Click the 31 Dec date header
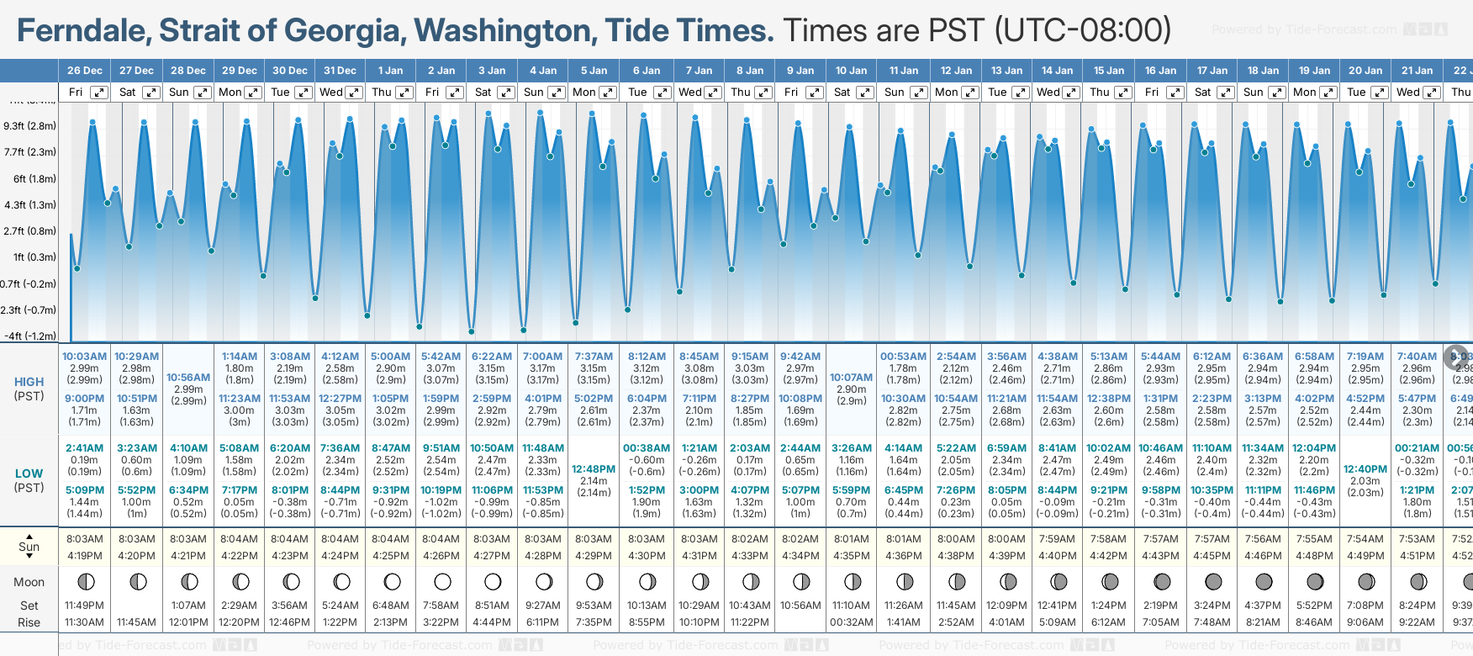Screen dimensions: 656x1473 click(x=340, y=71)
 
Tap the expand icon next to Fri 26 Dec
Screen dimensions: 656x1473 click(x=99, y=93)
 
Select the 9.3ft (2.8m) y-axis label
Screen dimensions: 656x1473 click(x=29, y=126)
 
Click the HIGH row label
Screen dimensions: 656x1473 click(x=29, y=382)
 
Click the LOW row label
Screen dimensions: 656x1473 click(x=29, y=473)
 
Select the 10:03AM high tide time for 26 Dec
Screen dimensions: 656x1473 click(x=84, y=357)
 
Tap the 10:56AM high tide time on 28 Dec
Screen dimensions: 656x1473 click(x=188, y=378)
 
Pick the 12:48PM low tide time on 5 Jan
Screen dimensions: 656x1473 click(x=594, y=469)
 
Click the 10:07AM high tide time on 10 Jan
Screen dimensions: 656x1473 click(x=851, y=378)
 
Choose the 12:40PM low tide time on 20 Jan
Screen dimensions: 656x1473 click(x=1365, y=469)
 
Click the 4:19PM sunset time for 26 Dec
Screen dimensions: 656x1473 click(x=84, y=556)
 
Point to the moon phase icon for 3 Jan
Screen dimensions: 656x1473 click(x=493, y=581)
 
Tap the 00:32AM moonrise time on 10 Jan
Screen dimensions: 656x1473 click(x=851, y=622)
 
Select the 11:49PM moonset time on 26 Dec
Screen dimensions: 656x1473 click(x=84, y=606)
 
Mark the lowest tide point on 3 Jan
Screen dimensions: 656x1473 click(x=472, y=331)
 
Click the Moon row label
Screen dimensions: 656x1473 click(x=29, y=582)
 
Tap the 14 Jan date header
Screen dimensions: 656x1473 click(x=1057, y=71)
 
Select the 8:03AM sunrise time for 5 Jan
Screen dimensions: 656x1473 click(x=594, y=539)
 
